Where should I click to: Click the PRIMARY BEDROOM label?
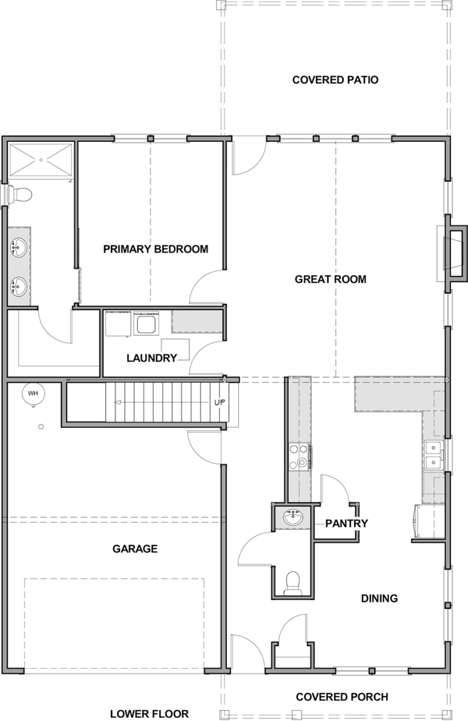coord(155,249)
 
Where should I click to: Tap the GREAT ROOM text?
coord(330,279)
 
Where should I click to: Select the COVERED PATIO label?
coord(336,80)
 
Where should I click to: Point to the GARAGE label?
coord(135,549)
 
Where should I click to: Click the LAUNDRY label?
coord(152,357)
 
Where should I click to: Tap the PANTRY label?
coord(347,523)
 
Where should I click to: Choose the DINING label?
coord(379,598)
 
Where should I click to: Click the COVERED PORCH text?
coord(342,697)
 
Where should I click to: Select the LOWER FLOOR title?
coord(149,714)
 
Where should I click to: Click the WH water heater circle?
coord(33,393)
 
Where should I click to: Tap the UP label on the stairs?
coord(219,403)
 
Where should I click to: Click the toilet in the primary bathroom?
coord(19,195)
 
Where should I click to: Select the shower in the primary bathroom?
coord(41,160)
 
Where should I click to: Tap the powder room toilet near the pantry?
coord(292,583)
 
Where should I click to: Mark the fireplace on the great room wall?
coord(452,253)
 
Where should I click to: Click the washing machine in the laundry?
coord(146,324)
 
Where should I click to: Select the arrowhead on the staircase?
coord(117,403)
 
